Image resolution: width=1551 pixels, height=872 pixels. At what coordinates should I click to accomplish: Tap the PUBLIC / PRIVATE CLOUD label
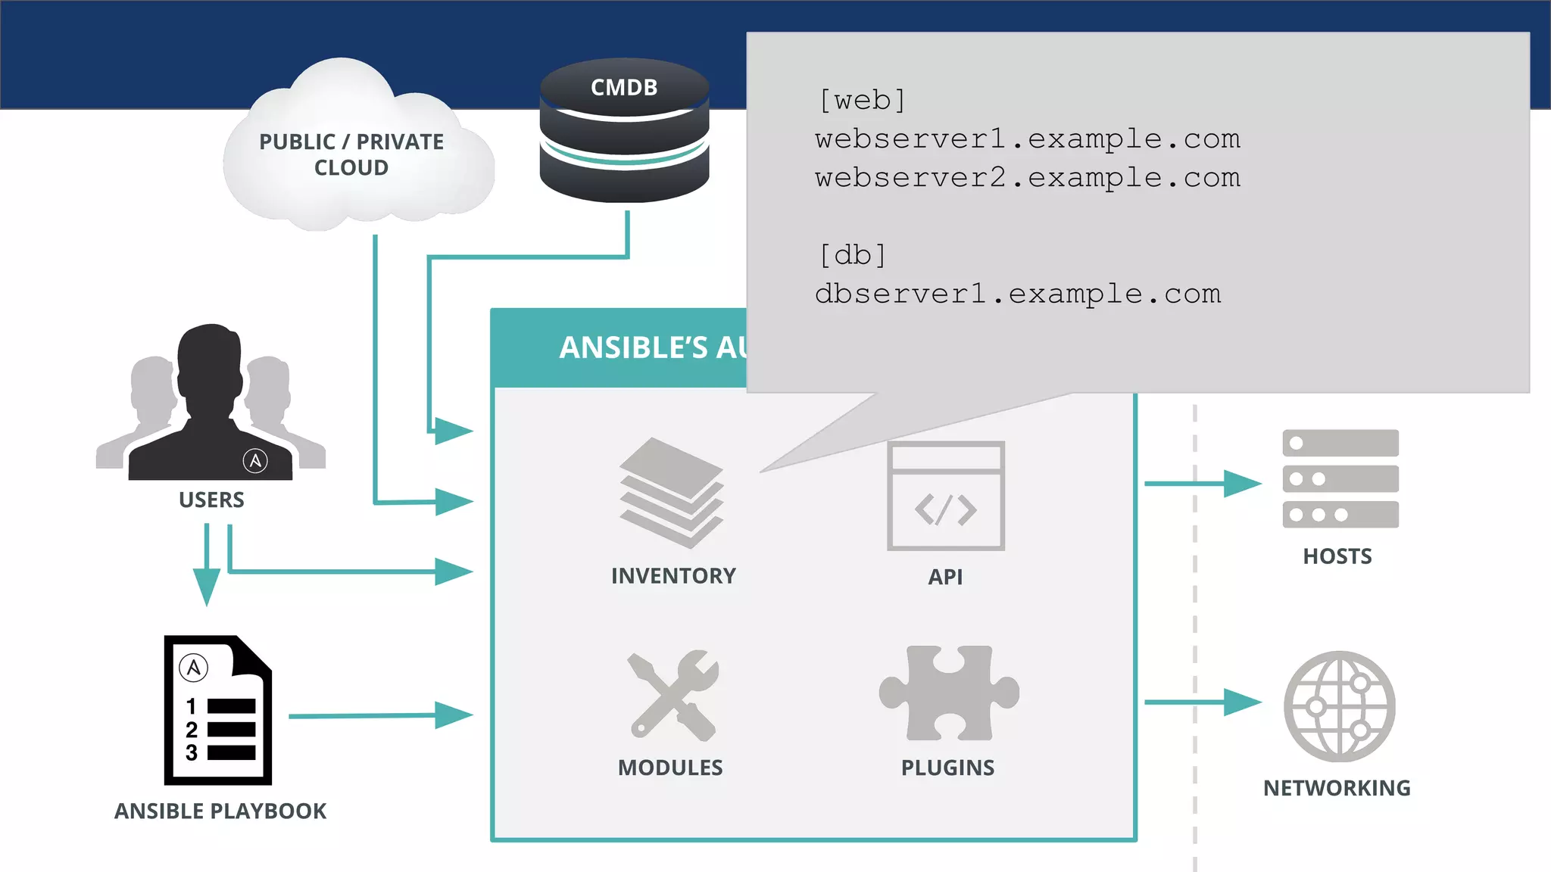point(351,154)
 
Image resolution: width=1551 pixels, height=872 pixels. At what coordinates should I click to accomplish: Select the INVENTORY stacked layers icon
point(671,493)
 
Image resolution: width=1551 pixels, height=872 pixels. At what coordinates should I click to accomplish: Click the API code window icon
point(945,496)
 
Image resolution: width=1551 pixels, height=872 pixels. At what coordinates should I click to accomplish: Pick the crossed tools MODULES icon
point(673,695)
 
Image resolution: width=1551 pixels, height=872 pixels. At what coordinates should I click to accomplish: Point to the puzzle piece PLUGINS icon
point(948,693)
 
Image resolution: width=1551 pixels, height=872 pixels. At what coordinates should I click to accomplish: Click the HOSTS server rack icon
point(1340,478)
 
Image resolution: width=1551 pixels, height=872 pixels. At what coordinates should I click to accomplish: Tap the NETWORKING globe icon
point(1339,706)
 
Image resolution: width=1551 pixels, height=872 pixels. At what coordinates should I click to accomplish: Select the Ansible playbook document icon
point(218,710)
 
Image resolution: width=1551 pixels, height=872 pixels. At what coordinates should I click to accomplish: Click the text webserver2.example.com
point(1027,178)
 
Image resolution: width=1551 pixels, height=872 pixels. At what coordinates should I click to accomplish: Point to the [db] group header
point(852,255)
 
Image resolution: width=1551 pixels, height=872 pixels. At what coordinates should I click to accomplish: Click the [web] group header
point(862,100)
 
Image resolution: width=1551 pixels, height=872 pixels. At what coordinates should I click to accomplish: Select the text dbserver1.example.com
point(1017,294)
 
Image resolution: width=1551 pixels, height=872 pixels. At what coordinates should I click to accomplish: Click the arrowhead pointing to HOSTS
point(1242,483)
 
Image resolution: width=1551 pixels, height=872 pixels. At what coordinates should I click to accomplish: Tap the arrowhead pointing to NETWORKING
point(1242,702)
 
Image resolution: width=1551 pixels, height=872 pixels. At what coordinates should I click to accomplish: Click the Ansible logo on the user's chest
point(255,460)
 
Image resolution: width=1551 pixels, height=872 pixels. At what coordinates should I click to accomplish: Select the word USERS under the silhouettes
point(211,500)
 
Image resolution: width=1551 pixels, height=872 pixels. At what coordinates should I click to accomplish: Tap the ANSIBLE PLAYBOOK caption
point(220,811)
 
